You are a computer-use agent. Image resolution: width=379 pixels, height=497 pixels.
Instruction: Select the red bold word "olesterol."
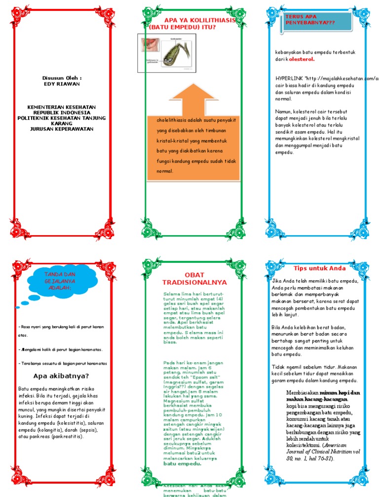coord(302,59)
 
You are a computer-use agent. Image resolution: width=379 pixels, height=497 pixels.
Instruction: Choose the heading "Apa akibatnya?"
coord(61,374)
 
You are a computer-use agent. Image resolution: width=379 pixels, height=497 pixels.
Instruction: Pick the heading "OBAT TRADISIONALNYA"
coord(194,278)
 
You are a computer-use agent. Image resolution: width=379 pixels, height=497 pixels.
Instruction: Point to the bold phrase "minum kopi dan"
coord(329,392)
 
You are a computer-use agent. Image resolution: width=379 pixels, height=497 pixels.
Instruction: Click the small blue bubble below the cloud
coord(18,307)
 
